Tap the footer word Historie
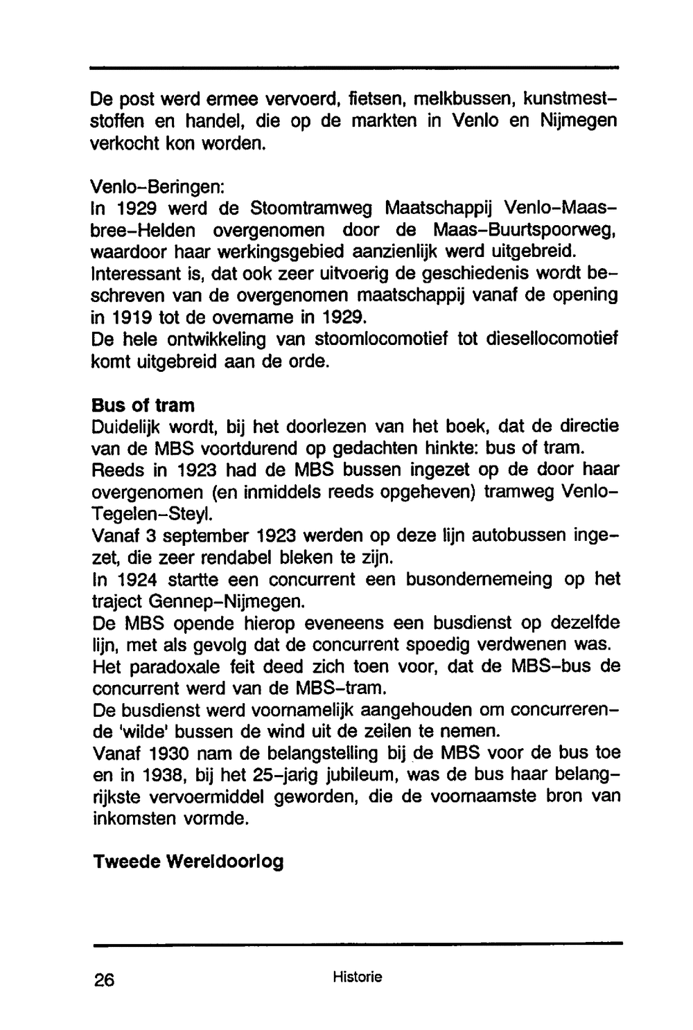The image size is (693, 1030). pyautogui.click(x=357, y=977)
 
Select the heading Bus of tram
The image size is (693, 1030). pyautogui.click(x=143, y=405)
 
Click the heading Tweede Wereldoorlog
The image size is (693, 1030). pyautogui.click(x=188, y=862)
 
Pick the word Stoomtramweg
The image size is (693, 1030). pyautogui.click(x=312, y=208)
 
